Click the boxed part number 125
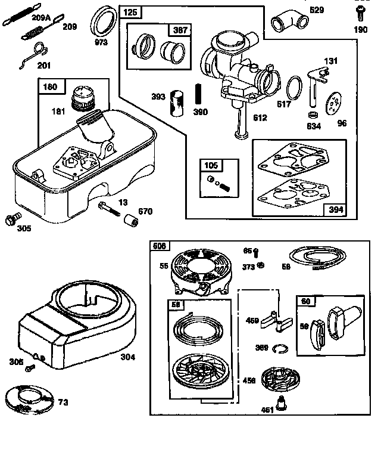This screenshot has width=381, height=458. click(129, 12)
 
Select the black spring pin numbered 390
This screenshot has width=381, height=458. click(197, 96)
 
